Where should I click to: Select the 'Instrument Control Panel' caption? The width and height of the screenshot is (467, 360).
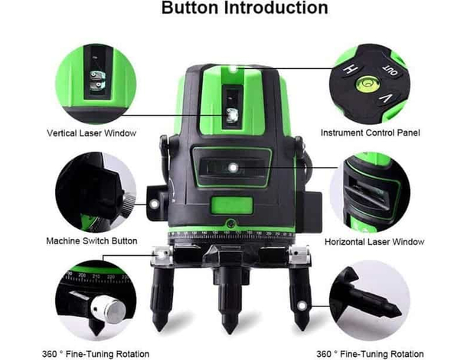(x=371, y=133)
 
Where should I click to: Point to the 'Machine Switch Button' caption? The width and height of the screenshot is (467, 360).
(x=92, y=241)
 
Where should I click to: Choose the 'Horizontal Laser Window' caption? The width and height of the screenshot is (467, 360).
(x=374, y=241)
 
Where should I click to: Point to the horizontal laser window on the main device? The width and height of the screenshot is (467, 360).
(x=231, y=167)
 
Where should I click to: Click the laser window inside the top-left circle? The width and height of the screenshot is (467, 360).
(x=98, y=77)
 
